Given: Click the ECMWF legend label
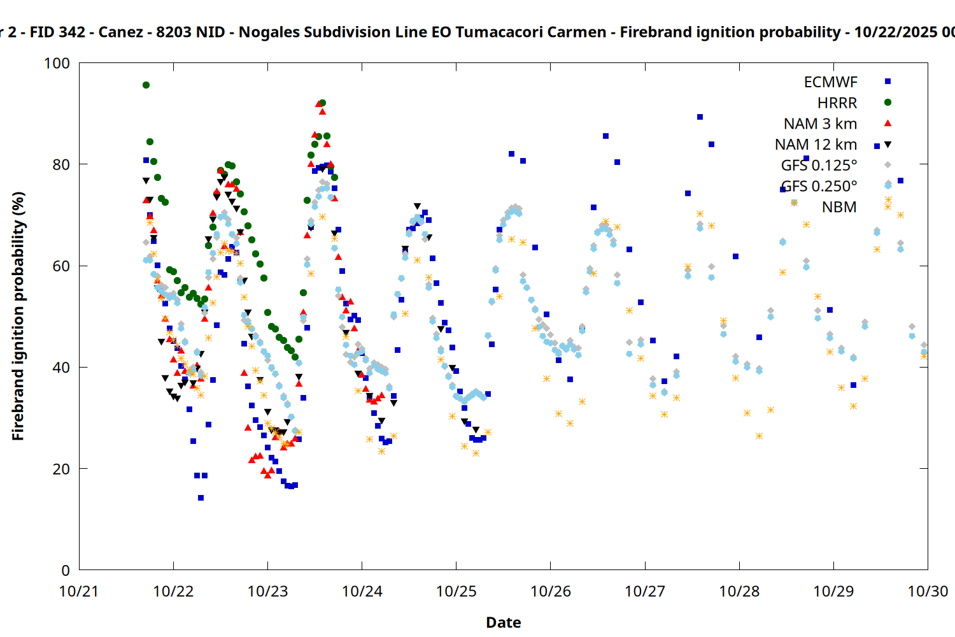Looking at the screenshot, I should click(x=830, y=82).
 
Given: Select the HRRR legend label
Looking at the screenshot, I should click(x=837, y=103).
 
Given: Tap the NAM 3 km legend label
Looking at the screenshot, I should click(x=820, y=124).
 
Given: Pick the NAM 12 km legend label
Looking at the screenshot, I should click(x=816, y=145).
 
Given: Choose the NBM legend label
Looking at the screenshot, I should click(x=839, y=207).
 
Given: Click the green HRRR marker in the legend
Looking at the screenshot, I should click(x=888, y=103).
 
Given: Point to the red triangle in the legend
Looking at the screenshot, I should click(x=888, y=123).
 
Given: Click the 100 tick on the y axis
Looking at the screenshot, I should click(x=57, y=63).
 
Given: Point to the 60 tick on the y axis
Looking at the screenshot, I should click(x=61, y=266).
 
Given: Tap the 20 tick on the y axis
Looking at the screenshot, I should click(x=61, y=469).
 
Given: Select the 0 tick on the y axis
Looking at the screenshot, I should click(x=66, y=570).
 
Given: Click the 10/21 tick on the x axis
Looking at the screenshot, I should click(x=79, y=591).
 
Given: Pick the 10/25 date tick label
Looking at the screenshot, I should click(x=456, y=591).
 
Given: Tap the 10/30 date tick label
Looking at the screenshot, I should click(x=928, y=591).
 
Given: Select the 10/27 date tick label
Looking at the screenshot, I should click(x=645, y=591).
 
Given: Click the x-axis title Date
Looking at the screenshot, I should click(x=503, y=622).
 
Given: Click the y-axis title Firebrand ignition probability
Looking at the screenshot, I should click(x=18, y=316).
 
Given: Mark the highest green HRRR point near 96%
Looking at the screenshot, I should click(x=146, y=85).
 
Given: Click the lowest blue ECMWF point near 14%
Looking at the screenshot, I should click(x=201, y=497).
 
